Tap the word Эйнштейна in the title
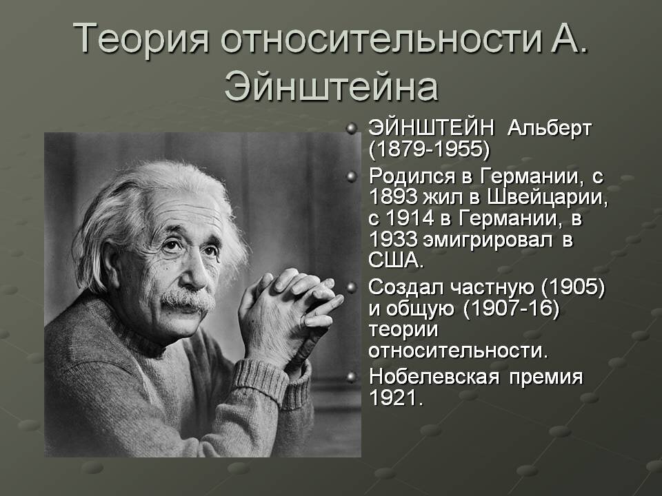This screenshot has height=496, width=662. pos(331,88)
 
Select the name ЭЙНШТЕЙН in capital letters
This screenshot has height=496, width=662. pos(431,128)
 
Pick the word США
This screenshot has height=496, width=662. pos(394,262)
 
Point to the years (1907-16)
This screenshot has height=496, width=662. pos(510,309)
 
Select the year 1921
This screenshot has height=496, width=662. pos(394,399)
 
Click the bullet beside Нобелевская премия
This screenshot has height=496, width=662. pos(352,377)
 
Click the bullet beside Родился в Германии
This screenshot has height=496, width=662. pos(352,176)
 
